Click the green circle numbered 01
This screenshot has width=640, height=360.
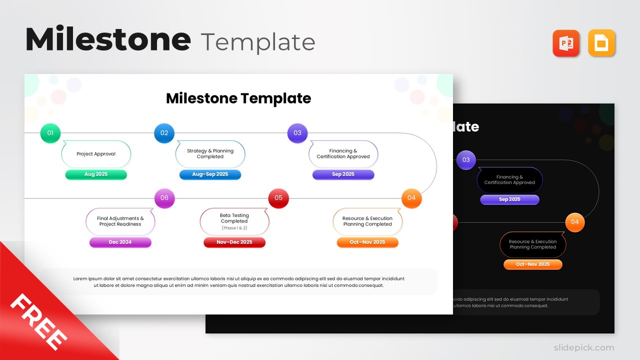coord(50,133)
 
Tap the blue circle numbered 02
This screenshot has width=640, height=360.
coord(164,133)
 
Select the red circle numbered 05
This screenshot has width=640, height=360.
coord(278,198)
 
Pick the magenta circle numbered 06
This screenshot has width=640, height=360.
coord(164,198)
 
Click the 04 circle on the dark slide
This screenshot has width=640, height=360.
coord(575,222)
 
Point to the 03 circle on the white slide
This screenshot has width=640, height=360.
coord(297,133)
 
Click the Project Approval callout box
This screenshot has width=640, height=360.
coord(96,154)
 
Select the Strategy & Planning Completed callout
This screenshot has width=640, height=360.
coord(210,154)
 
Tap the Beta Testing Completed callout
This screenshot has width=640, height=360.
coord(234,221)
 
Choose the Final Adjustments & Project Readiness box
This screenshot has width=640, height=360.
coord(120,221)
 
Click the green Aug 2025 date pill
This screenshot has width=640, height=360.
coord(96,174)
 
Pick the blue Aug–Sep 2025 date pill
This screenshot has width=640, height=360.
coord(210,174)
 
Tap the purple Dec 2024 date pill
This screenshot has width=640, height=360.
coord(120,242)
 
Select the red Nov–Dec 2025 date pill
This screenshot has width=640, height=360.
coord(234,242)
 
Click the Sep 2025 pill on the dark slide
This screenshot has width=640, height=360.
coord(509,199)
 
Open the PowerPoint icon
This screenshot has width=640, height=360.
coord(566,43)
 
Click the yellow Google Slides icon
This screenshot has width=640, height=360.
coord(601,43)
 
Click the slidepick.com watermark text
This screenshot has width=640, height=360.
coord(583,347)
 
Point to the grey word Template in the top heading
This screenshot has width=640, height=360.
coord(257,42)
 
